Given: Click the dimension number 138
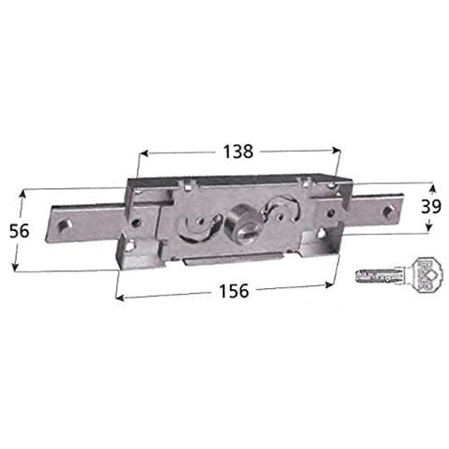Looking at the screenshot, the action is pyautogui.click(x=238, y=152).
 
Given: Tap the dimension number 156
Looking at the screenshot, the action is pyautogui.click(x=234, y=291).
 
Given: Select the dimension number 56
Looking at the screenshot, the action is pyautogui.click(x=19, y=231).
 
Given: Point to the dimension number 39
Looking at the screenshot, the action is pyautogui.click(x=431, y=207).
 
